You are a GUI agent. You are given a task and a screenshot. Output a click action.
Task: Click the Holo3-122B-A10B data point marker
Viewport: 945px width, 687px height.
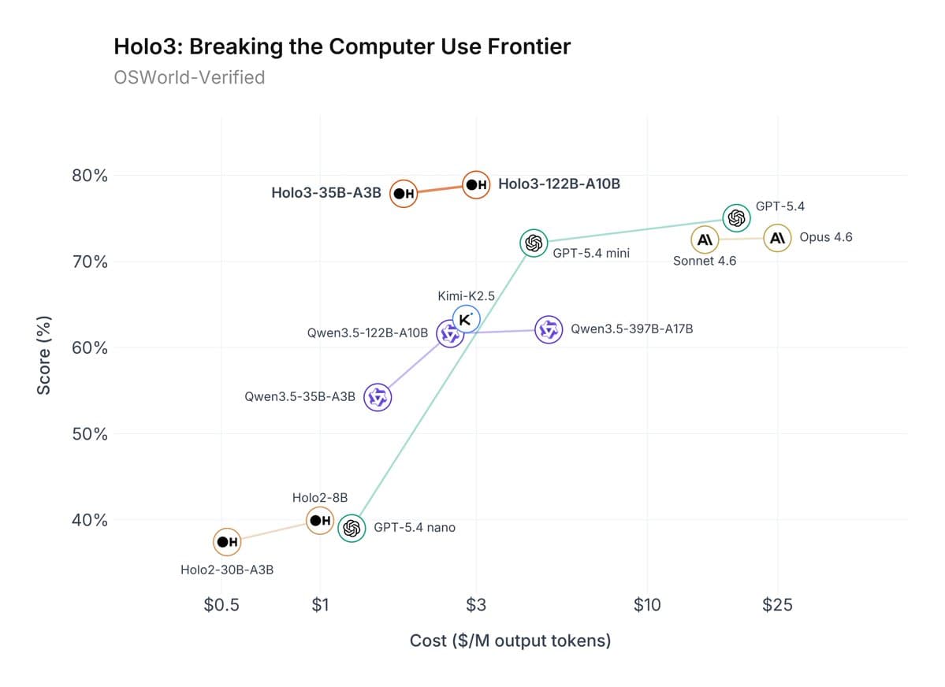476,185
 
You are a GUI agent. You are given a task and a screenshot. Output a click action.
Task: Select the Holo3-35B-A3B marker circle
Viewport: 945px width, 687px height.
404,193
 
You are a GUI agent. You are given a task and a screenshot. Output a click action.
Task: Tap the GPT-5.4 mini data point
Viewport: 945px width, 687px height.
534,243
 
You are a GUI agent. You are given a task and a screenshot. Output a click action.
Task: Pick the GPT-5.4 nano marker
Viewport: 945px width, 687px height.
352,528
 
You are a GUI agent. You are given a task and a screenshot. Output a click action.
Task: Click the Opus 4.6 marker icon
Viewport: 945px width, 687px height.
777,238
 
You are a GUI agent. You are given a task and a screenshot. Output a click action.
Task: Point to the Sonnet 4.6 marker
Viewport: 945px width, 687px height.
705,239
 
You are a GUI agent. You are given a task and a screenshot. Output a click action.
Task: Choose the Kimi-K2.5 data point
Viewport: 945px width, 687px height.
466,319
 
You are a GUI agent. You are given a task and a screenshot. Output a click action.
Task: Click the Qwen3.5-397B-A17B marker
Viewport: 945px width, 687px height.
549,329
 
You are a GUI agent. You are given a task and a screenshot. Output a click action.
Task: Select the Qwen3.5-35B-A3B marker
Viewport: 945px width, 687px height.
378,398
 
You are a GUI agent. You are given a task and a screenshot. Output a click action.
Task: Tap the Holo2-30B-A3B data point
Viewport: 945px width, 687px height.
227,542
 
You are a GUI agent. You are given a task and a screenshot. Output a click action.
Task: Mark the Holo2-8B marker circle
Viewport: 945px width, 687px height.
320,521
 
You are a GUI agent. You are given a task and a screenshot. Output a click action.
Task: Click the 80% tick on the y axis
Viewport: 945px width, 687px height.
90,175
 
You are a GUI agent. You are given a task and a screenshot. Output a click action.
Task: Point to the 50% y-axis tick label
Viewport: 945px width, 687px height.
90,434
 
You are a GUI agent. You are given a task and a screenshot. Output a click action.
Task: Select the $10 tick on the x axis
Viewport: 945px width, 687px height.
647,605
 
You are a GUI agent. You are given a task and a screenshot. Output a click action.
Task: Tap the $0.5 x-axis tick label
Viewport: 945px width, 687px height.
221,605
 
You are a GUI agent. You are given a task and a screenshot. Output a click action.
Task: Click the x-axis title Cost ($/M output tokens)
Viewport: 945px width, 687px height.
510,641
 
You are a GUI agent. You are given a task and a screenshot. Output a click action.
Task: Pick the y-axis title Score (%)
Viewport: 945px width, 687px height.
45,355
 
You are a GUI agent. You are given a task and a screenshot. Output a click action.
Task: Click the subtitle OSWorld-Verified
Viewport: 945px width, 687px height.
189,77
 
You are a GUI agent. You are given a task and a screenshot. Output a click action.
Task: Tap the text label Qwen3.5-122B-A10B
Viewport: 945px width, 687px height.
367,333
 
